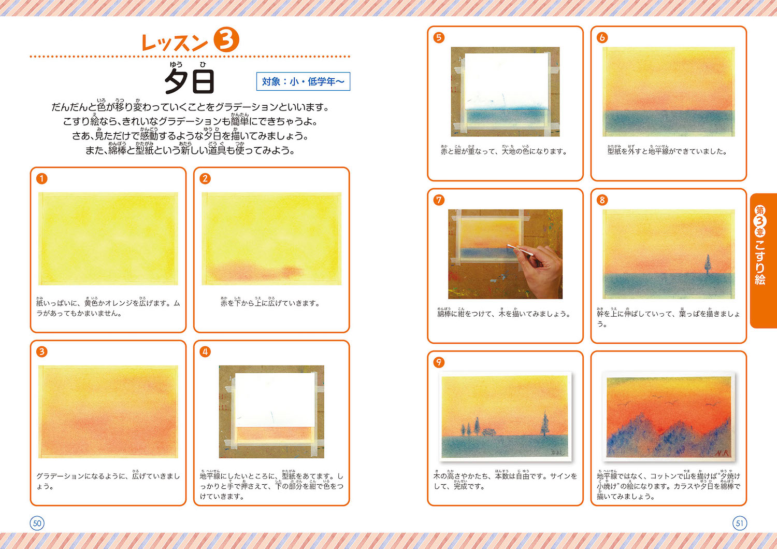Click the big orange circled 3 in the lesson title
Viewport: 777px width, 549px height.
point(226,39)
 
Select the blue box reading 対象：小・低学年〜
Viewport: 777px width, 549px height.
point(303,81)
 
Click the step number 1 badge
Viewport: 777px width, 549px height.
point(41,179)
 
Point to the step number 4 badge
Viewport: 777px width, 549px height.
point(205,352)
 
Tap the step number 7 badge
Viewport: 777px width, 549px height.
point(439,200)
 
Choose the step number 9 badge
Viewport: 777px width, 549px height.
point(439,362)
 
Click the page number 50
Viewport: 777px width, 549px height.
point(37,523)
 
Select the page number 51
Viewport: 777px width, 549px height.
point(740,523)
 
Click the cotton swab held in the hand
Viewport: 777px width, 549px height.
point(519,250)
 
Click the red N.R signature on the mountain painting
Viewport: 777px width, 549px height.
point(723,453)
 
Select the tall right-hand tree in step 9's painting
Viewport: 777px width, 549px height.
point(544,424)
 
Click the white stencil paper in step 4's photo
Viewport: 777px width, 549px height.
point(275,400)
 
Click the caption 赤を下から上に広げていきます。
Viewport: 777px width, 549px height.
point(270,303)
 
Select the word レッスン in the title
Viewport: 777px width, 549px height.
point(175,43)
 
